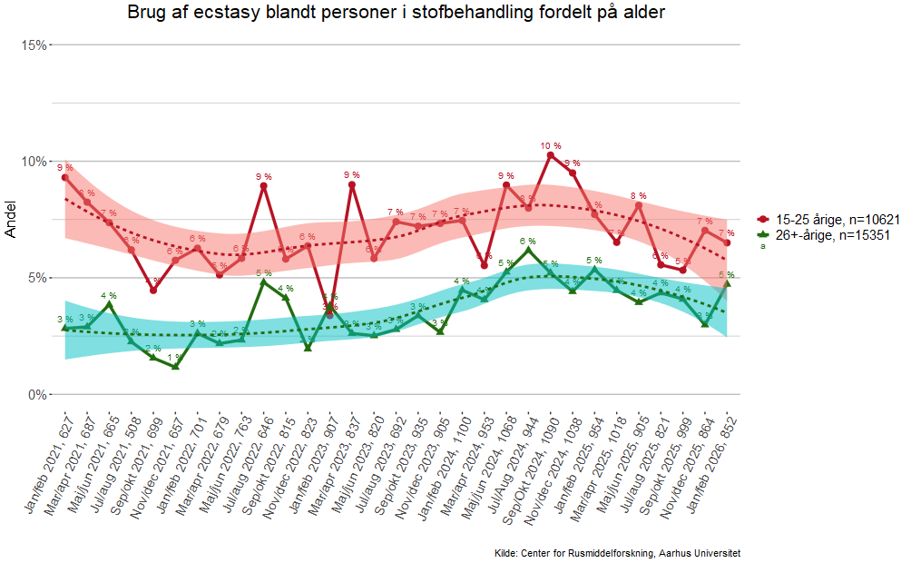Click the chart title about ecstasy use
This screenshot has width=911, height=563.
pyautogui.click(x=397, y=13)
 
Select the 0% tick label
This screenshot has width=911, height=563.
pyautogui.click(x=37, y=395)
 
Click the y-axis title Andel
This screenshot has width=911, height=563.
pyautogui.click(x=11, y=220)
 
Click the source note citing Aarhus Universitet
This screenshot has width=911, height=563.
pyautogui.click(x=617, y=552)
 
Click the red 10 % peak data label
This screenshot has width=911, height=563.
pyautogui.click(x=551, y=145)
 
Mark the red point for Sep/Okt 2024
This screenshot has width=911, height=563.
pyautogui.click(x=551, y=155)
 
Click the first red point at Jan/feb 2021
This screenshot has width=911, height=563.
pyautogui.click(x=65, y=177)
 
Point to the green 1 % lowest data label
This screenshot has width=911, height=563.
pyautogui.click(x=175, y=357)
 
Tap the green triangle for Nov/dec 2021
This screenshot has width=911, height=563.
pyautogui.click(x=175, y=366)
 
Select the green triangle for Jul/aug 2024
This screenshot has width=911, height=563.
pyautogui.click(x=529, y=250)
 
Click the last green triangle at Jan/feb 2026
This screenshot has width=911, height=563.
pyautogui.click(x=727, y=283)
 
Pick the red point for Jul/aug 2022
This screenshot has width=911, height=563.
pyautogui.click(x=263, y=186)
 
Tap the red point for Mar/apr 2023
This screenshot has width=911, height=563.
pyautogui.click(x=352, y=184)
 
